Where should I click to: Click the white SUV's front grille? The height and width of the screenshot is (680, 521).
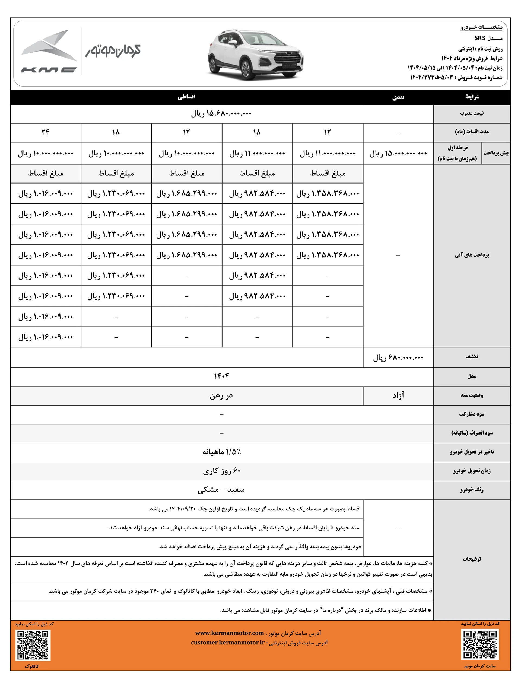point(288,58)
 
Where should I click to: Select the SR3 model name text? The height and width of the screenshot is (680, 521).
point(479,38)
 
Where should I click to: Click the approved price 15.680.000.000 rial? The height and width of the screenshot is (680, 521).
point(221,114)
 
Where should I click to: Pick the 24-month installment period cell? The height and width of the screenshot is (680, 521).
point(45,132)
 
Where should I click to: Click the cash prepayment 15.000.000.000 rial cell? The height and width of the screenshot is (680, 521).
point(398,153)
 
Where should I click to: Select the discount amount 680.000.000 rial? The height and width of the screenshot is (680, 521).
point(398,358)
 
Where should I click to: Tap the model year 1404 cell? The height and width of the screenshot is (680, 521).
point(221,376)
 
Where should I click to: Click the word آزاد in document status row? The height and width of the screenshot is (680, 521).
point(398,395)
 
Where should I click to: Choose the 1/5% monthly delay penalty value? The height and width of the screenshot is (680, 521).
point(221,452)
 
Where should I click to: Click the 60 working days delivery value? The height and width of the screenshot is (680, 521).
point(221,471)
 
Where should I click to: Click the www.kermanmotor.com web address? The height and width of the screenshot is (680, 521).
point(230,633)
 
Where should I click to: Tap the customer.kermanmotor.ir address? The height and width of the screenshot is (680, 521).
point(228,643)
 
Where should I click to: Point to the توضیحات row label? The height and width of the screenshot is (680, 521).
point(472,559)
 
